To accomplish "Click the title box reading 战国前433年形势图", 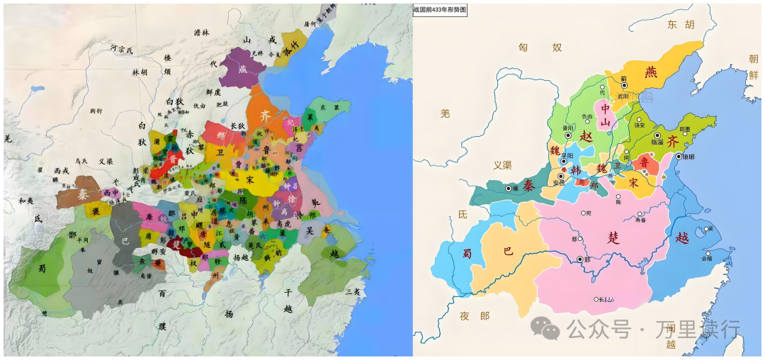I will pos(440,9).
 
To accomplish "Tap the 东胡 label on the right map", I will pos(681,25).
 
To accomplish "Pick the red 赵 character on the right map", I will pos(585,135).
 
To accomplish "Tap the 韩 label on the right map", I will pos(575,169).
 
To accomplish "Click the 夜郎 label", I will pos(474,316).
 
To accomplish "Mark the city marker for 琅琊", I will pos(679,157).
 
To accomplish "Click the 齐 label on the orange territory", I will pos(265,113).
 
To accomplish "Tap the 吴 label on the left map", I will pos(310,231).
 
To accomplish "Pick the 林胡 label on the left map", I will pos(140,72).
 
